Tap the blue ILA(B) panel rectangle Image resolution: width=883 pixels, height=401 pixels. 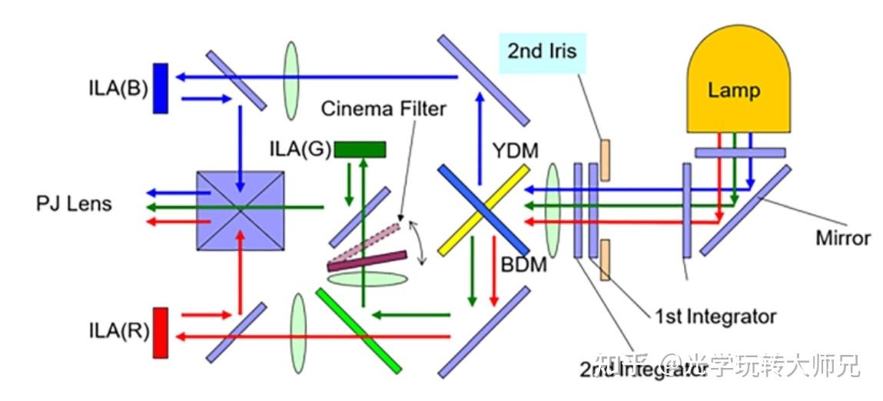point(160,88)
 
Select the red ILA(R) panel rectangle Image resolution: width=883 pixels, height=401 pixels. point(160,332)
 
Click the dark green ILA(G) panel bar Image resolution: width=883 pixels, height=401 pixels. point(360,149)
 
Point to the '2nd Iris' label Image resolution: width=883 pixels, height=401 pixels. point(541,52)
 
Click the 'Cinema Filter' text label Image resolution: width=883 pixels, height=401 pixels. point(383,108)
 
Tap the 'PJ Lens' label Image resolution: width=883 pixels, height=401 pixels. point(74,204)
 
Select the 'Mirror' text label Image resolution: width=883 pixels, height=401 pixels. point(843,237)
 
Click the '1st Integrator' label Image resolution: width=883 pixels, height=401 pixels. point(715,316)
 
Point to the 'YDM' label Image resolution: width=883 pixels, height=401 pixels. point(516,151)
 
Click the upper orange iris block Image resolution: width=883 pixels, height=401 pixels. point(606,160)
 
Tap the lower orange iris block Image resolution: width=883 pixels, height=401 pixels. point(606,260)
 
